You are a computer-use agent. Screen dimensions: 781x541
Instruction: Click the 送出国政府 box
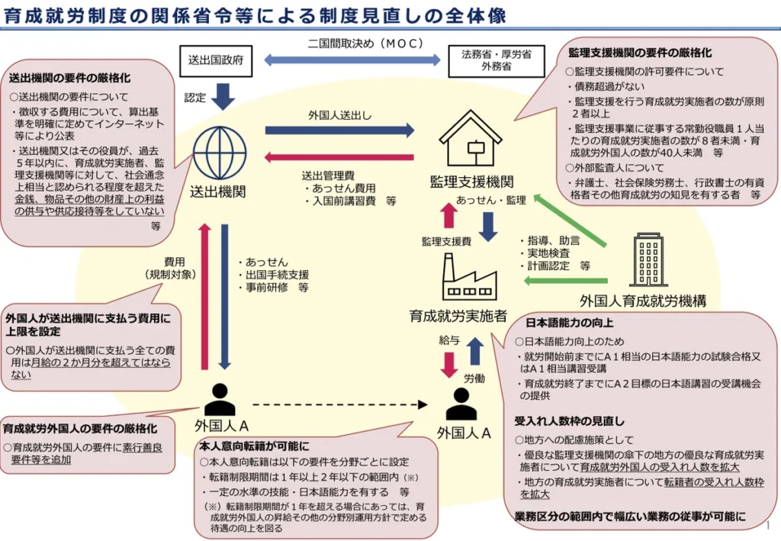(x=216, y=61)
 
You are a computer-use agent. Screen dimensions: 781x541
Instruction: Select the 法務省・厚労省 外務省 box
(x=496, y=61)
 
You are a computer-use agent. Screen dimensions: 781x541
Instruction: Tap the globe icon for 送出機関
(x=219, y=153)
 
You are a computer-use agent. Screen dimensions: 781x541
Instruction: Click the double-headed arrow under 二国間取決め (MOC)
(x=352, y=60)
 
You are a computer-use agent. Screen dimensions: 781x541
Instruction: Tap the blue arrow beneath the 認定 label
(x=223, y=97)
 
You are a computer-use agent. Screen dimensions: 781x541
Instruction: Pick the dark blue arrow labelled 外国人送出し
(x=339, y=130)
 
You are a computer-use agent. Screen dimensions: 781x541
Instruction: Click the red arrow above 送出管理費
(x=339, y=157)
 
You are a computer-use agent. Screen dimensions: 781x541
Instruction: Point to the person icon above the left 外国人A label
(x=220, y=400)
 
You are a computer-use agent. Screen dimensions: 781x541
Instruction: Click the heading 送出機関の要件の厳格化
(x=69, y=78)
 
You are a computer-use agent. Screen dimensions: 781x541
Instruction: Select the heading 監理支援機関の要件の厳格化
(x=640, y=53)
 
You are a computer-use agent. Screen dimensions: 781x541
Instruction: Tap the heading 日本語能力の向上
(x=569, y=323)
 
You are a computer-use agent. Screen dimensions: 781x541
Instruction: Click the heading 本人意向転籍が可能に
(x=254, y=446)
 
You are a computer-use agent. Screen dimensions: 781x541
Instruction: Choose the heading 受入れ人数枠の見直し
(x=569, y=421)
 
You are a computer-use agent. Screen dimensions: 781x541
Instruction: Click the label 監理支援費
(x=446, y=242)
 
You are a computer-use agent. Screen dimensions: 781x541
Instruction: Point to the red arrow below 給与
(x=449, y=365)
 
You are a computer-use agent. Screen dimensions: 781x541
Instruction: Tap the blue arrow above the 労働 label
(x=476, y=351)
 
